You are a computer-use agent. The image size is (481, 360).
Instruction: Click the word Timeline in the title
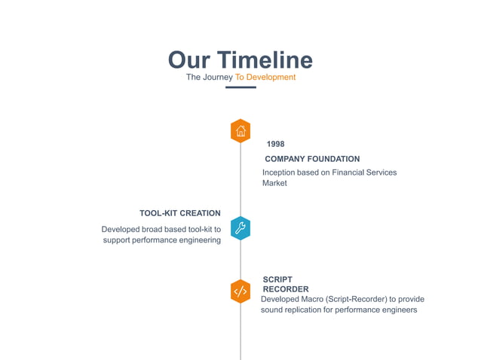click(x=265, y=60)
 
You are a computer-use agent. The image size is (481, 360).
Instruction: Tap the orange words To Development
click(x=265, y=78)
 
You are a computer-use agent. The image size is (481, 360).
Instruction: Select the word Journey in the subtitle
click(x=219, y=78)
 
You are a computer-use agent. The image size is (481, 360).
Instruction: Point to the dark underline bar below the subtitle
click(x=240, y=88)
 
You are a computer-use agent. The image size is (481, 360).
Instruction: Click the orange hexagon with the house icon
click(x=240, y=131)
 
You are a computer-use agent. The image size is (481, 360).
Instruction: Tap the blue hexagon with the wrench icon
click(x=240, y=228)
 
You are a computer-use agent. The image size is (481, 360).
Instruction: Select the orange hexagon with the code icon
click(x=240, y=291)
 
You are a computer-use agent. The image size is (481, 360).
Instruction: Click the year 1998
click(x=275, y=144)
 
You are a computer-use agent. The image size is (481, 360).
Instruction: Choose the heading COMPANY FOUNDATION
click(x=312, y=159)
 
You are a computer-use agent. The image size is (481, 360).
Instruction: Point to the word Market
click(x=274, y=183)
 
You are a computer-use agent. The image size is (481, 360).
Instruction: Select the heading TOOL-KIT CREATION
click(x=180, y=213)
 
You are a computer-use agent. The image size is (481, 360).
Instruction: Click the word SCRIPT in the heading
click(x=277, y=279)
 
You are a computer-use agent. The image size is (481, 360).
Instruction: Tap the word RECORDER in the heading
click(x=286, y=289)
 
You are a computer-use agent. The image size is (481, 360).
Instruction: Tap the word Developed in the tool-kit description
click(x=121, y=229)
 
